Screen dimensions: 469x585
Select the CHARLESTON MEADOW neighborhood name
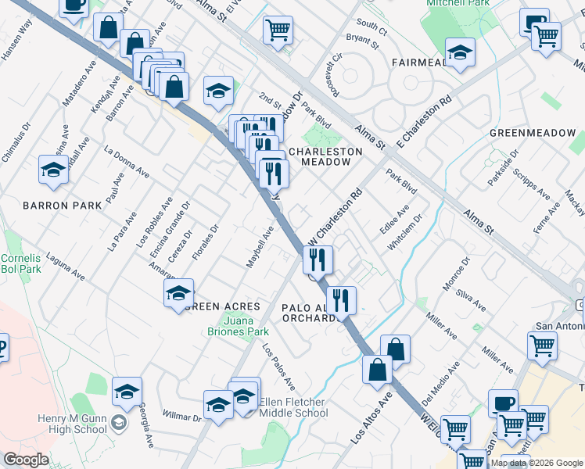[326, 156]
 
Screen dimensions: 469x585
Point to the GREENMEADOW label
[532, 133]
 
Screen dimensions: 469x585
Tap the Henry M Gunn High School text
[73, 424]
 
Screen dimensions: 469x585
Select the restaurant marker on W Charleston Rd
[318, 259]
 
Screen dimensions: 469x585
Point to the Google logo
[26, 460]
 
